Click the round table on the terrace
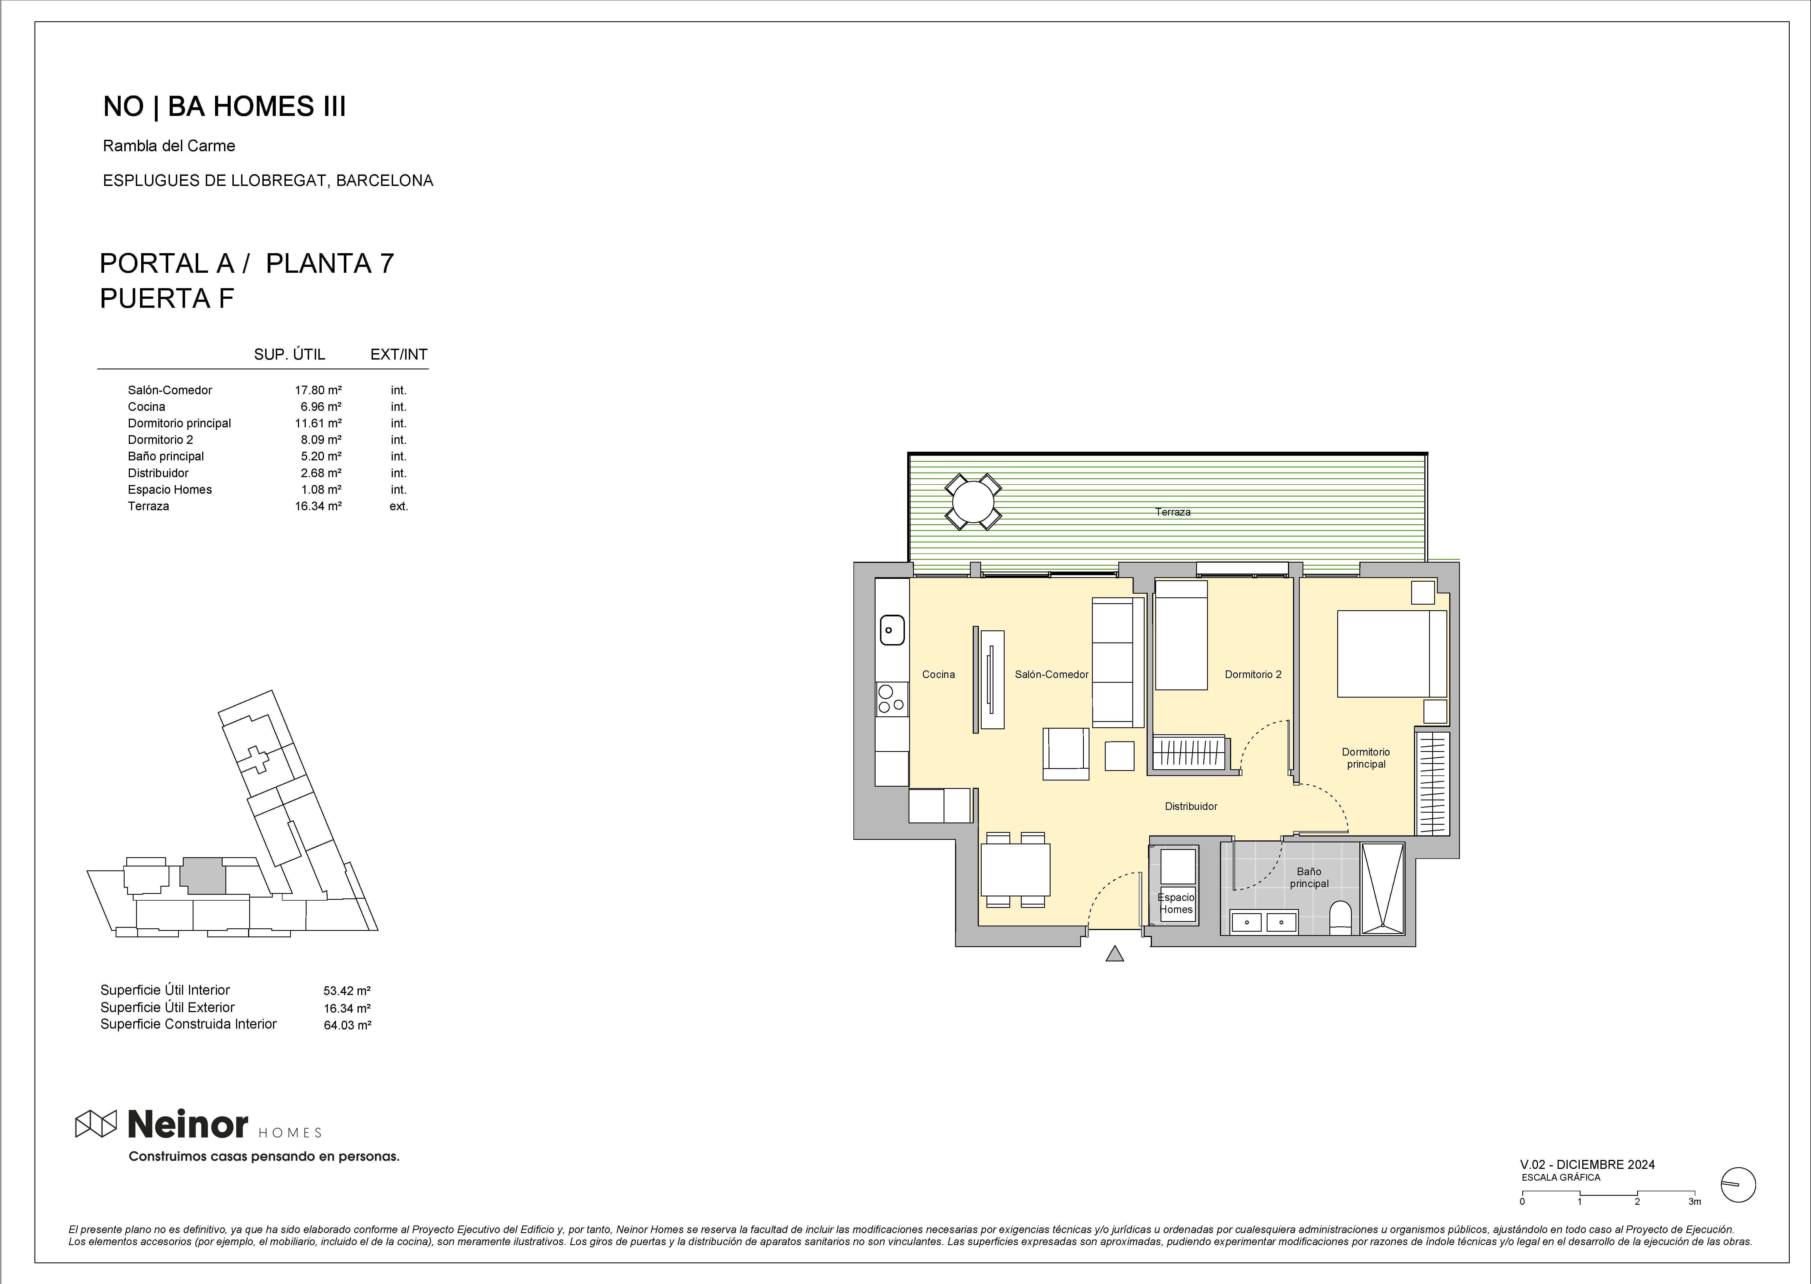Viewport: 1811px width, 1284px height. coord(973,501)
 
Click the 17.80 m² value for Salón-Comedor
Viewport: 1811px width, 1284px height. coord(318,390)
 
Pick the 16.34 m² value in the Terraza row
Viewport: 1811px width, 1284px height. coord(318,506)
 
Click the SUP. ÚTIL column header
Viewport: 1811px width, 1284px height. coord(289,354)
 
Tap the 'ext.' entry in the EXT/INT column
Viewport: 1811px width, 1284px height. coord(398,506)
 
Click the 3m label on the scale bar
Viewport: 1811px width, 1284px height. coord(1694,1202)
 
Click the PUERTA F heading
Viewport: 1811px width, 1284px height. coord(167,299)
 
